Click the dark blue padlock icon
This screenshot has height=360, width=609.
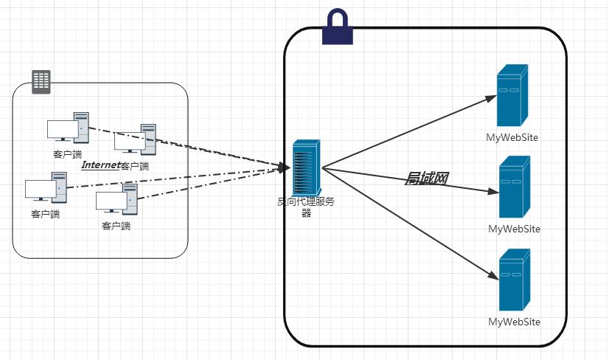coord(338,27)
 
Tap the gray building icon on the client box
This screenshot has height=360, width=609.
coord(41,81)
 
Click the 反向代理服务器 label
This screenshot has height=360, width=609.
coord(305,207)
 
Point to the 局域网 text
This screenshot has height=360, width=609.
coord(427,178)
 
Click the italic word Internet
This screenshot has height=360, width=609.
coord(100,165)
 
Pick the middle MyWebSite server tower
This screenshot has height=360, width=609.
coord(514,187)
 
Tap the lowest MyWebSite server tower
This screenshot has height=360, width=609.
coord(514,280)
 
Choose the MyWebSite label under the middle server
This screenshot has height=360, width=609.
coord(514,229)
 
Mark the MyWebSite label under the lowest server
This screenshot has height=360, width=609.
coord(514,322)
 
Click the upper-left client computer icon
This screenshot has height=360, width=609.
coord(68,128)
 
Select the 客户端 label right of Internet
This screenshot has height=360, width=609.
coord(134,166)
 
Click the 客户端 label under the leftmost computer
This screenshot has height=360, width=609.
coord(45,214)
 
